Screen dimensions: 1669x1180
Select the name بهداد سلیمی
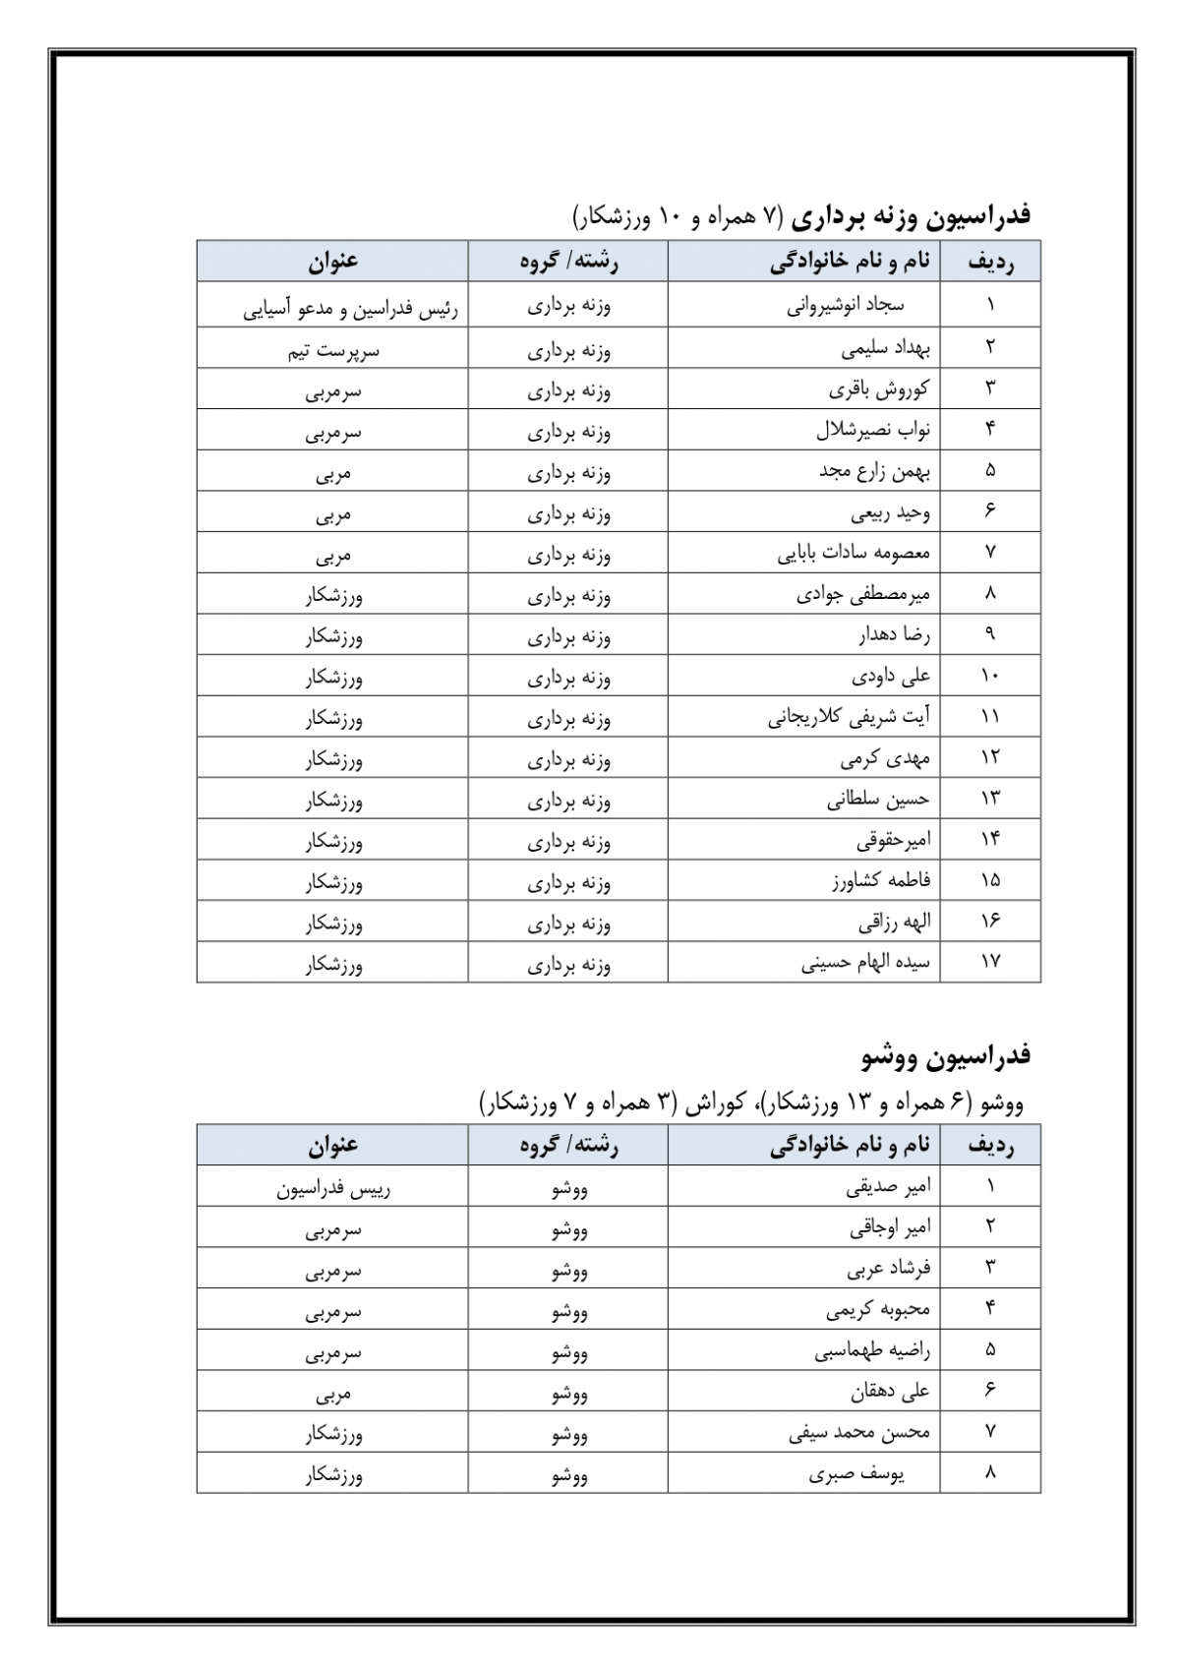coord(886,348)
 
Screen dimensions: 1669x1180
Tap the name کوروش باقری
coord(879,389)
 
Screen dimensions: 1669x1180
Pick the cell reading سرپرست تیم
coord(333,350)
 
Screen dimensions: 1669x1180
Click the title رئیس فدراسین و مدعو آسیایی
coord(351,309)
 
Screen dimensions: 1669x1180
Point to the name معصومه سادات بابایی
coord(854,554)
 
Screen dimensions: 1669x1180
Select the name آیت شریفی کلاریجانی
coord(849,718)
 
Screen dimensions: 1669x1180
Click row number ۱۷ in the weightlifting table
coord(989,962)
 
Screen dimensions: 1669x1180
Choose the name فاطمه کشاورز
coord(881,881)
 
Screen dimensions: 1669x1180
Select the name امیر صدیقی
coord(888,1187)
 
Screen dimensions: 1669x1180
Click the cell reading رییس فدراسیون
coord(333,1188)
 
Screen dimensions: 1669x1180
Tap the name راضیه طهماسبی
coord(872,1351)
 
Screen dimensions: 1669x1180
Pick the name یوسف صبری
coord(856,1474)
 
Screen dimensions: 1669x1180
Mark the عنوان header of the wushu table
coord(333,1145)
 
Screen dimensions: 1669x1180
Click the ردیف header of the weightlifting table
coord(990,262)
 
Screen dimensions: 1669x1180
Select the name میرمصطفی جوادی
coord(863,595)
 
